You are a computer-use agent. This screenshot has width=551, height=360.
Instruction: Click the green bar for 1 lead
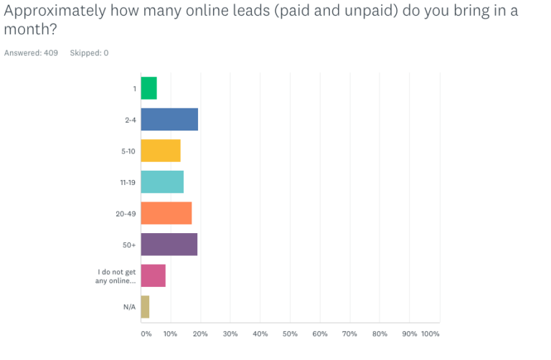click(x=149, y=88)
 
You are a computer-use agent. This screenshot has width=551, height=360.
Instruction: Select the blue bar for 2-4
click(x=169, y=120)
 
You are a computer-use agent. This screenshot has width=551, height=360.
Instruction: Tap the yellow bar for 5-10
click(x=160, y=151)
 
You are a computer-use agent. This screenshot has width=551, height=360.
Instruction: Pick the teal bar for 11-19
click(x=162, y=182)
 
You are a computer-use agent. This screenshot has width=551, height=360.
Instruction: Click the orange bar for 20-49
click(x=166, y=214)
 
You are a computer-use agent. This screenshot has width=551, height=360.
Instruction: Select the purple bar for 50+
click(x=169, y=245)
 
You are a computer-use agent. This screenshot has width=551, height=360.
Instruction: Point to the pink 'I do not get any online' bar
click(x=153, y=276)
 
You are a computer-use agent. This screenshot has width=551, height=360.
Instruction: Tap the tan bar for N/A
click(x=145, y=307)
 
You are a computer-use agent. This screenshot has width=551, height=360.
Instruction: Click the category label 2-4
click(x=129, y=120)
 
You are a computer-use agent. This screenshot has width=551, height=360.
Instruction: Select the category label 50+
click(x=129, y=245)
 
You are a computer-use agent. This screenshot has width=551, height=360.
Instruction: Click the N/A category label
click(x=129, y=307)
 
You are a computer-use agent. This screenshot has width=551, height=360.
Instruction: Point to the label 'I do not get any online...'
click(x=116, y=276)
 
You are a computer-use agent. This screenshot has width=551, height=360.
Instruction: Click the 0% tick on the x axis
click(x=146, y=334)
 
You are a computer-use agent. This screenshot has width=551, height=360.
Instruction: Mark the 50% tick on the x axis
click(x=290, y=334)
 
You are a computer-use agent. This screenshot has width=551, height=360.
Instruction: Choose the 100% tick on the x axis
click(x=430, y=334)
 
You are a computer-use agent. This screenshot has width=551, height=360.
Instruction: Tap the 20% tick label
click(x=200, y=334)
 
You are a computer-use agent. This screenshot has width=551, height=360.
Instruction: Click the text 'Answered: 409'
click(x=31, y=53)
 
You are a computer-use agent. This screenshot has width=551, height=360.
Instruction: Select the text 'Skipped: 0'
click(x=89, y=53)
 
